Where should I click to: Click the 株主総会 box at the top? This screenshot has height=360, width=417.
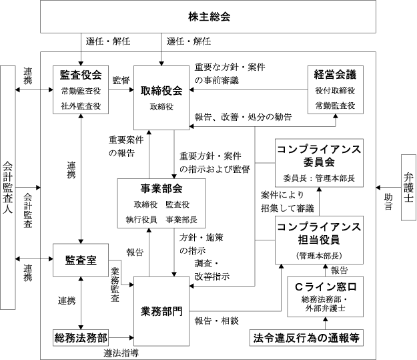209,17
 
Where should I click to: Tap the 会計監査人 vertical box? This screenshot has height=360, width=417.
9,188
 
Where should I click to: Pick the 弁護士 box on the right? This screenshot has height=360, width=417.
408,188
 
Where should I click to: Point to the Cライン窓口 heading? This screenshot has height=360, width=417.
323,286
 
